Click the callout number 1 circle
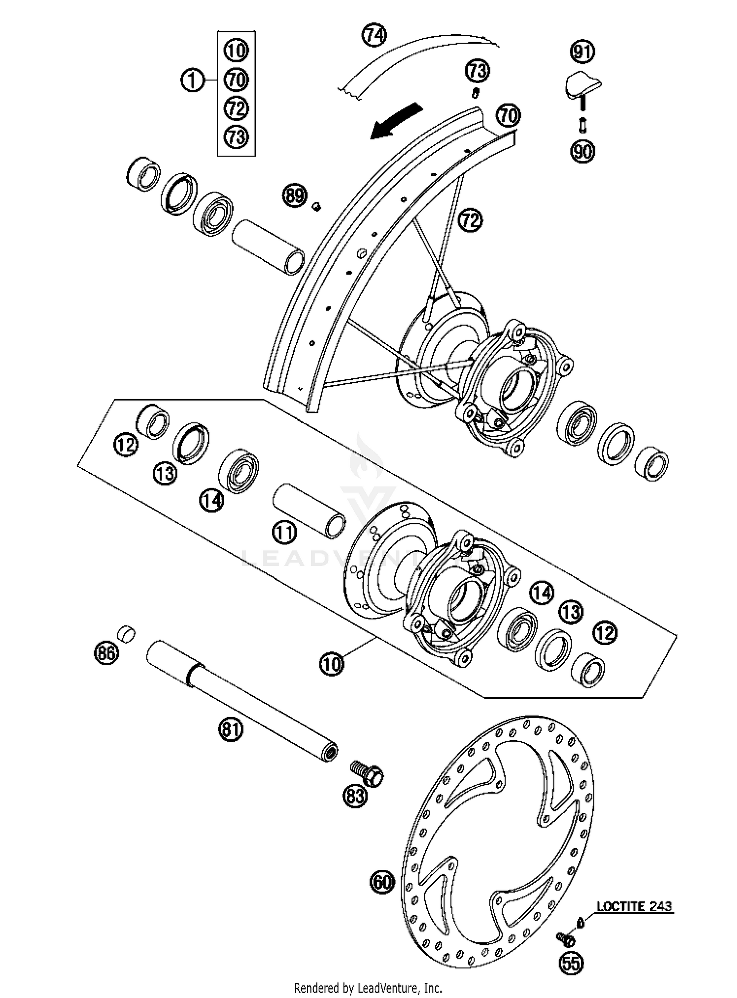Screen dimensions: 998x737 (193, 80)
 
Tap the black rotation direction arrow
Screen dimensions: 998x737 (396, 121)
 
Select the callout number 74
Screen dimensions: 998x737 (374, 35)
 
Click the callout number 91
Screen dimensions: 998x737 (582, 52)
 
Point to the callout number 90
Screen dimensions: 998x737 (583, 151)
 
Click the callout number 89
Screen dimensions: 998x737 (294, 196)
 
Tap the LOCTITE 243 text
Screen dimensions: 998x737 (634, 906)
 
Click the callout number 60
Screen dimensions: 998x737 (382, 882)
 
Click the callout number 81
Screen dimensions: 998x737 (231, 730)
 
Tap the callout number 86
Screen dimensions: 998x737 (106, 653)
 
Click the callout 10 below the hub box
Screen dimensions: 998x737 (332, 665)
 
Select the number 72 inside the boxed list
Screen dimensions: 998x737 (236, 108)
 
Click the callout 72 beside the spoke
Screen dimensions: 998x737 (470, 220)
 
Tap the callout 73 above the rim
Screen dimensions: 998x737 (478, 71)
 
